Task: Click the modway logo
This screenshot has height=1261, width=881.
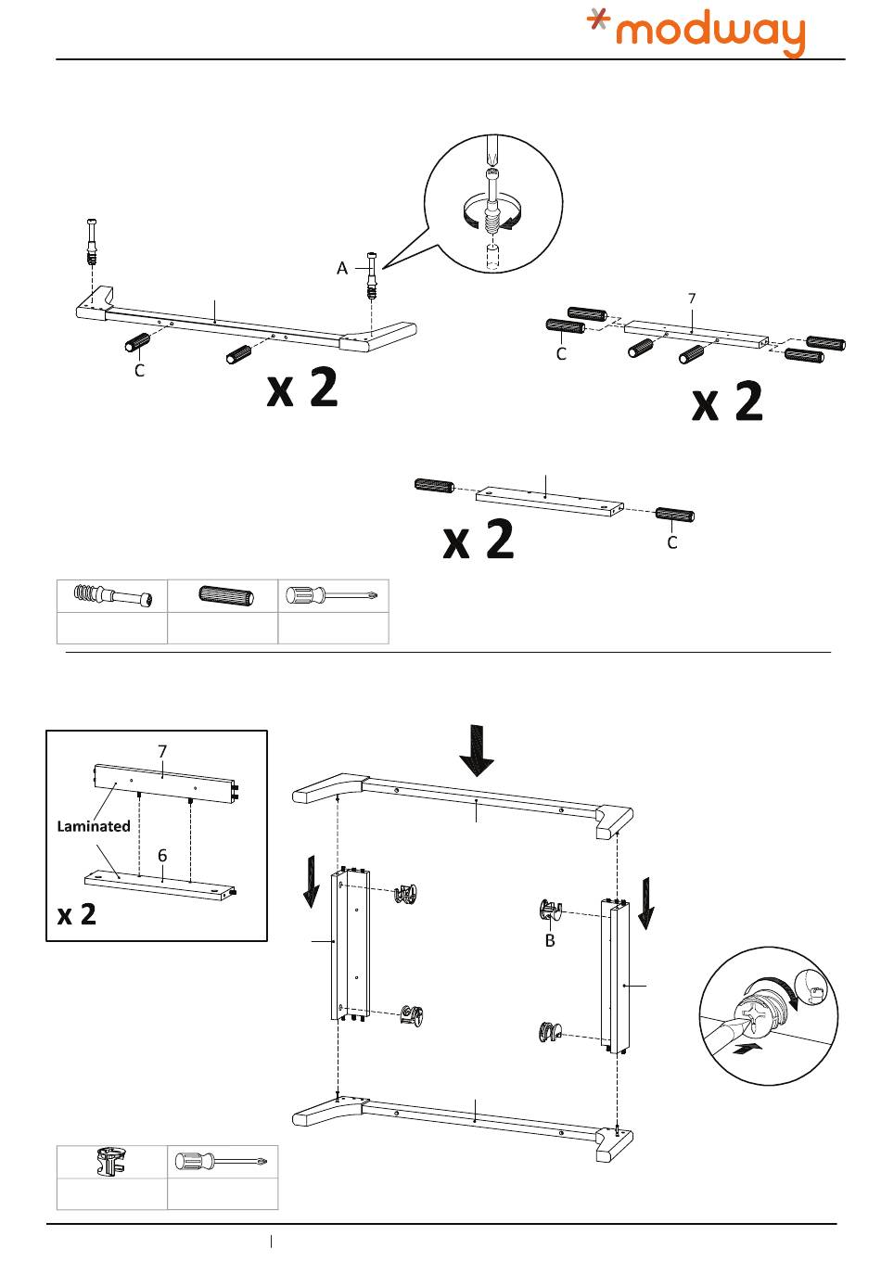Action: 696,32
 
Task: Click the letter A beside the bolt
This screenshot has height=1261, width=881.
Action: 342,268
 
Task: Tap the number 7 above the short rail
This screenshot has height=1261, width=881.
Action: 691,299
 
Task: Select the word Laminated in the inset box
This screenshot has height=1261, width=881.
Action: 94,825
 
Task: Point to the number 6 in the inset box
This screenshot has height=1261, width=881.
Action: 162,855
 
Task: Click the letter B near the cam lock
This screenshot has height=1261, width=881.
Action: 550,940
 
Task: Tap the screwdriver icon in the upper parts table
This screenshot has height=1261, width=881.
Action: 333,595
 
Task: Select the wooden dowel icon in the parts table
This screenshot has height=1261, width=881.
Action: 223,595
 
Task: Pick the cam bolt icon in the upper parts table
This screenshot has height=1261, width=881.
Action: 111,595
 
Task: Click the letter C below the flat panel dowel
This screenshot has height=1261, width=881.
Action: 672,542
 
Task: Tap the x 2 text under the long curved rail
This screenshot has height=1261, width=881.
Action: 302,389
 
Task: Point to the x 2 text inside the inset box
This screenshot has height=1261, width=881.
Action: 77,914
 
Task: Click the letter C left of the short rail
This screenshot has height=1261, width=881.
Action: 561,354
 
